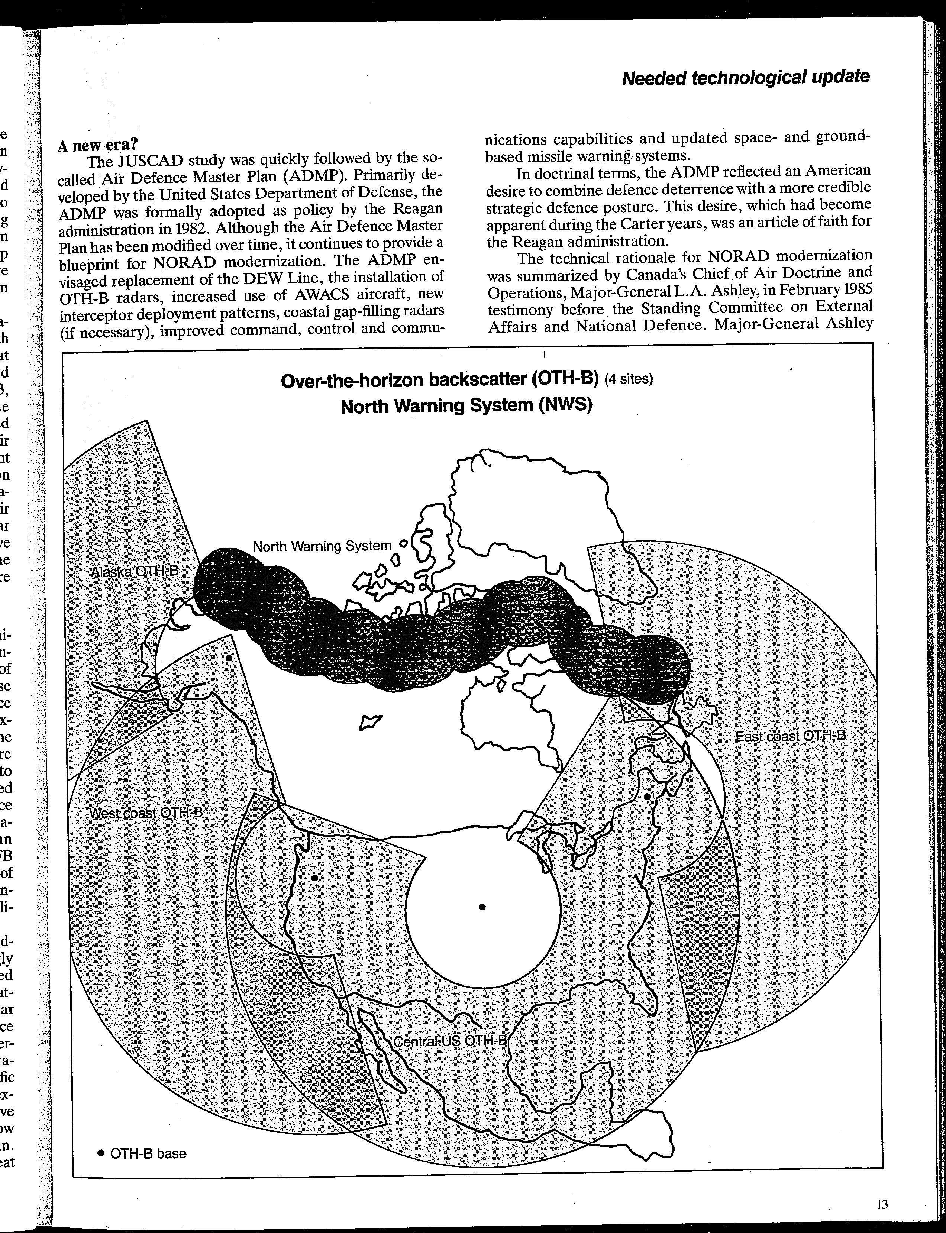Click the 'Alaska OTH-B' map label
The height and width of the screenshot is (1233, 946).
134,572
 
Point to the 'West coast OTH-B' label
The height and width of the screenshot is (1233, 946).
146,813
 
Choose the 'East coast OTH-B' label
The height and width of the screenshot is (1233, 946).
790,736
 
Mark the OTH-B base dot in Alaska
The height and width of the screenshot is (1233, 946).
228,658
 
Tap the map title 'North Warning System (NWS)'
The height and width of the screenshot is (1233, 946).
466,405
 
